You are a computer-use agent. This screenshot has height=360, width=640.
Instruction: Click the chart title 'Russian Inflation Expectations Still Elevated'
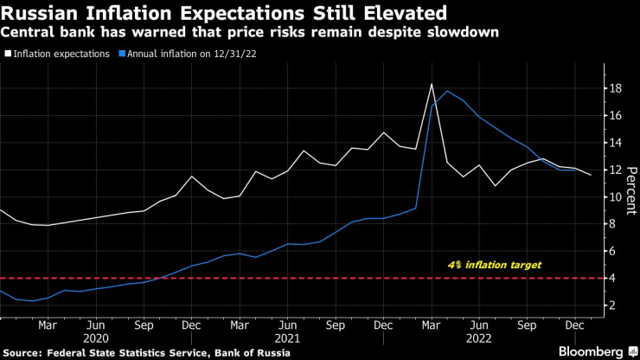tap(224, 13)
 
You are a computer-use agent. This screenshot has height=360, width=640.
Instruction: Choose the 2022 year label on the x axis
tap(479, 339)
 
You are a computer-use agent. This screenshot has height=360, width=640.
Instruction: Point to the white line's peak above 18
tap(431, 84)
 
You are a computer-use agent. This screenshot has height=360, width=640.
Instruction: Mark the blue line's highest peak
tap(446, 91)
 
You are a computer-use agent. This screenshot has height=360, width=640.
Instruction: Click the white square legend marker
tap(8, 54)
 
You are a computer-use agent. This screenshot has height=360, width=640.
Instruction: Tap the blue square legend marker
tap(123, 54)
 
